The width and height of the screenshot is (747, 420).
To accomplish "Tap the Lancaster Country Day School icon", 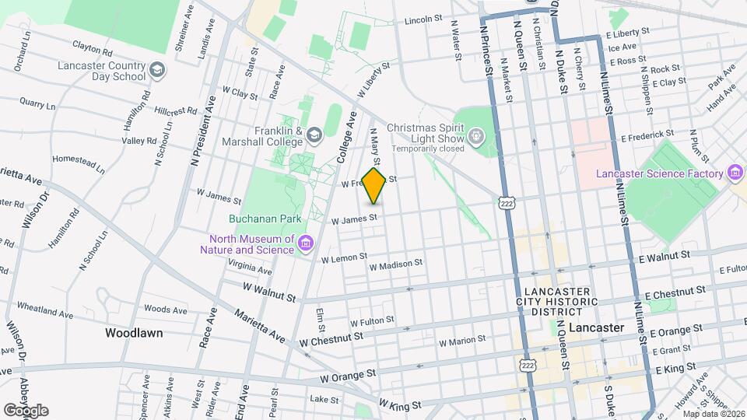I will tap(158, 71).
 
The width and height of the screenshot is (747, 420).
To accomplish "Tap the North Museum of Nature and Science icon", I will tap(306, 245).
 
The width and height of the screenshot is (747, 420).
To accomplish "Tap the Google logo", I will tap(26, 410).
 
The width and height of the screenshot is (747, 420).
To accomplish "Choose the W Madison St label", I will tap(395, 264).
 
